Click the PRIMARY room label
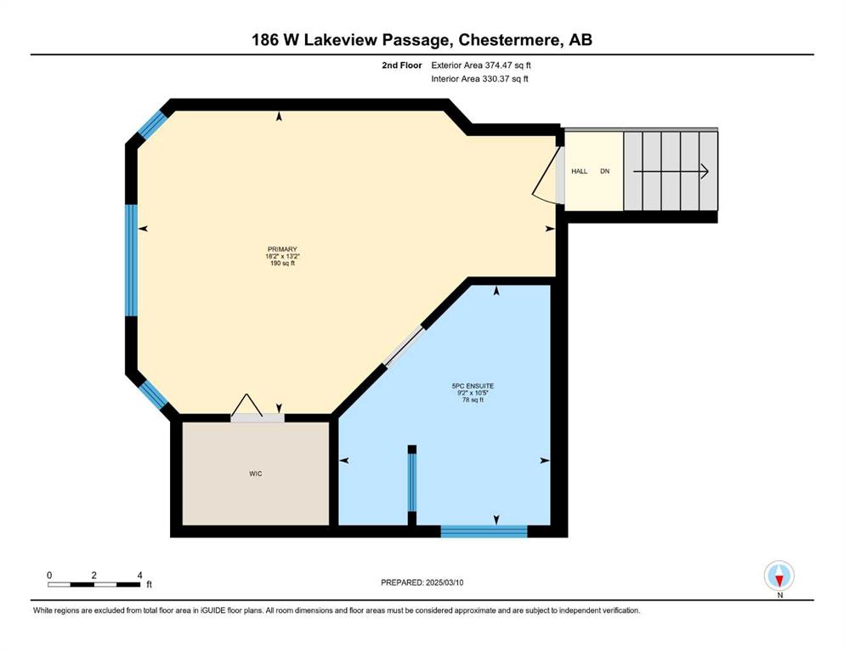[282, 249]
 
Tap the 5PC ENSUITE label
[473, 386]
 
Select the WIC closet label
[256, 474]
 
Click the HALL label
[579, 171]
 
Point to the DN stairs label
[605, 171]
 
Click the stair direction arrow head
[704, 171]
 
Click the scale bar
[94, 584]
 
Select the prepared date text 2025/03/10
[444, 582]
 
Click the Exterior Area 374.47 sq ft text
[481, 65]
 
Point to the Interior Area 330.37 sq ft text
[479, 78]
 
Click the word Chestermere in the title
[508, 40]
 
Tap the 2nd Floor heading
[401, 65]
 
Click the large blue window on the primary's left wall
[132, 260]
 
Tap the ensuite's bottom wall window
[484, 531]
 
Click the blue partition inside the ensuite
[411, 482]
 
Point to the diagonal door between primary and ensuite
[404, 346]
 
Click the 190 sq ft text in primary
[282, 264]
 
